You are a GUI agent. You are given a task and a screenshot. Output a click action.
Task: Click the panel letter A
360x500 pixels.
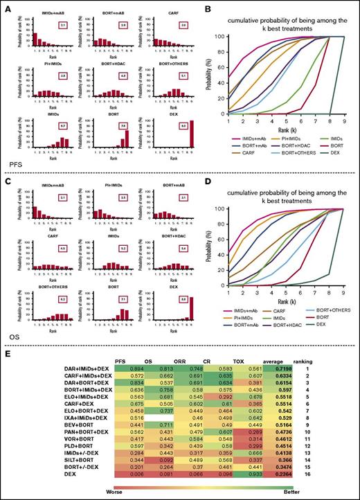click(6, 6)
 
